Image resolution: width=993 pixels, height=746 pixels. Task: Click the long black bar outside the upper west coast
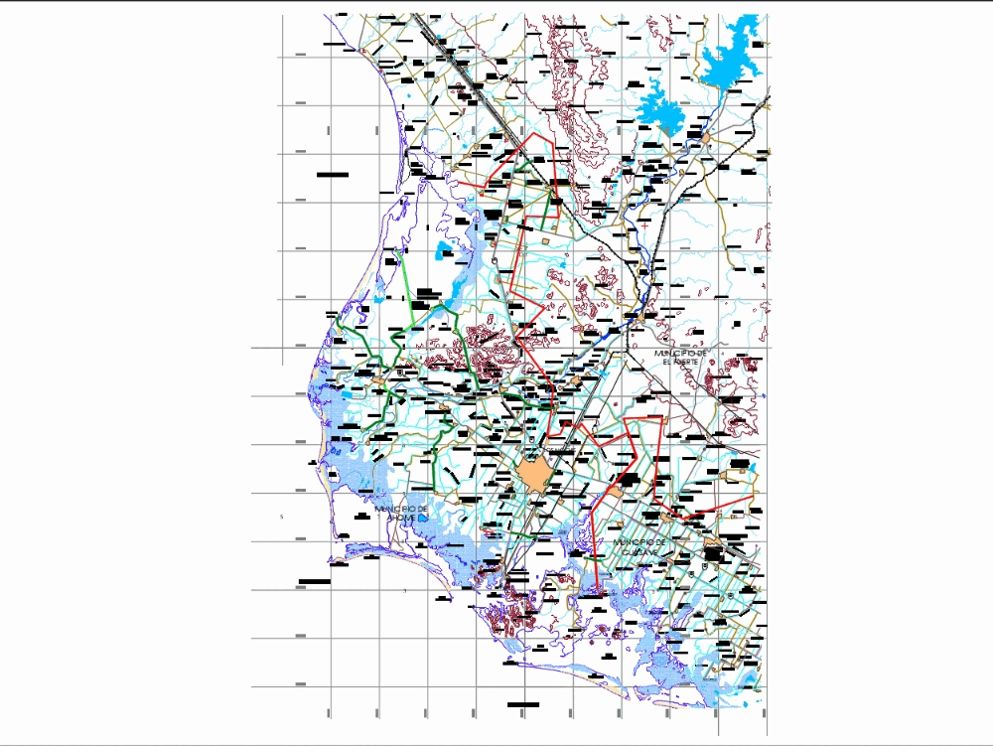click(x=333, y=175)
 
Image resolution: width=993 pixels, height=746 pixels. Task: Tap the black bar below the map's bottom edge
click(x=522, y=704)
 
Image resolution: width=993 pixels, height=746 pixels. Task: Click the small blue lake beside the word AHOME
click(x=422, y=518)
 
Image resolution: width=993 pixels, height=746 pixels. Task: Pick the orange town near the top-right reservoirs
click(x=706, y=139)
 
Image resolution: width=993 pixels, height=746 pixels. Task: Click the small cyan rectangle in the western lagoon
click(x=346, y=394)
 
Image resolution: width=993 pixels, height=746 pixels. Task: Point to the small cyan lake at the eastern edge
click(x=737, y=463)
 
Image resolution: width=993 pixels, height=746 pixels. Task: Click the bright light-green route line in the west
click(x=404, y=278)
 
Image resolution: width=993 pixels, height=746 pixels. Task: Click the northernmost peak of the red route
click(x=537, y=133)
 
